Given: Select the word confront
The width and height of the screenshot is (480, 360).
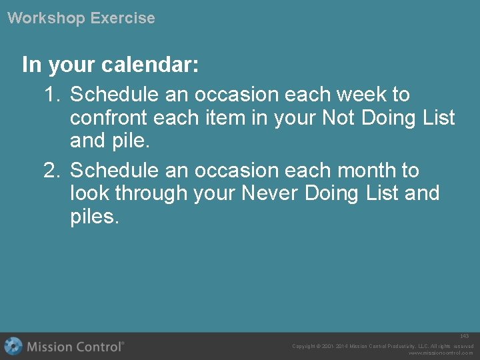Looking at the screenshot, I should [x=108, y=119].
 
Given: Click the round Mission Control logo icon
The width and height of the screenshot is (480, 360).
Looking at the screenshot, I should [x=13, y=346].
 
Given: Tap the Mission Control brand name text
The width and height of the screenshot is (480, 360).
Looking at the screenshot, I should [x=75, y=347].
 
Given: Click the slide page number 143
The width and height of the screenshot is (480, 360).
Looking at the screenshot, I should [x=465, y=336].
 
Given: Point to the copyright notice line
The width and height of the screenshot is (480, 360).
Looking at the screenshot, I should [x=383, y=346].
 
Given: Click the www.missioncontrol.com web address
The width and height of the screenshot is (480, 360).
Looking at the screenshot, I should [x=441, y=353].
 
